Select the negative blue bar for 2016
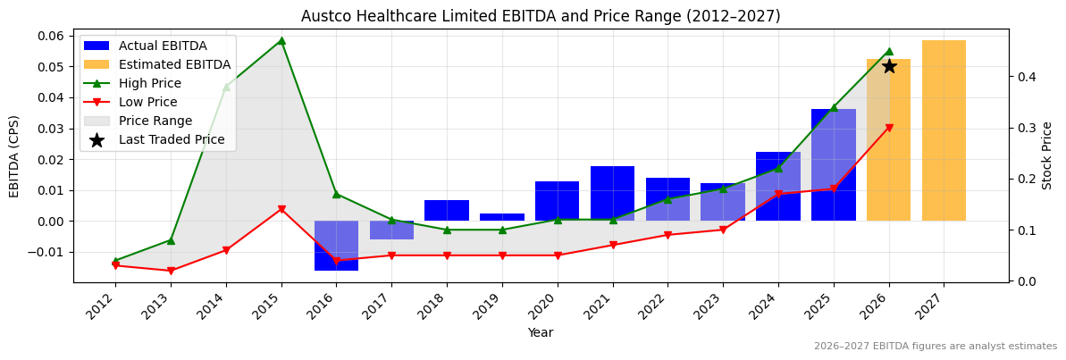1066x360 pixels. (x=336, y=245)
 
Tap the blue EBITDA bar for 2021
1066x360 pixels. (x=612, y=193)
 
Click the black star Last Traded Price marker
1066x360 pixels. (x=888, y=66)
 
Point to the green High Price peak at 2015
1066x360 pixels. (x=281, y=40)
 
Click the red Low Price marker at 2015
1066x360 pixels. (x=281, y=209)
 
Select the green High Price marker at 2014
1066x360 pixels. (x=226, y=87)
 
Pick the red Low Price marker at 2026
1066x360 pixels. (x=888, y=128)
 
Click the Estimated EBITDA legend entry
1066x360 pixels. (x=174, y=64)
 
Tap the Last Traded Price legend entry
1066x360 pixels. (x=172, y=139)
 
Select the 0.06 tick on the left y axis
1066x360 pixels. (x=51, y=36)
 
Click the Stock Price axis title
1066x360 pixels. (x=1047, y=155)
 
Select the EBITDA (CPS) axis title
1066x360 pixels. (x=14, y=155)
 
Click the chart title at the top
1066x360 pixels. (x=541, y=16)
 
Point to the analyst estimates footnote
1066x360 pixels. (x=935, y=347)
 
